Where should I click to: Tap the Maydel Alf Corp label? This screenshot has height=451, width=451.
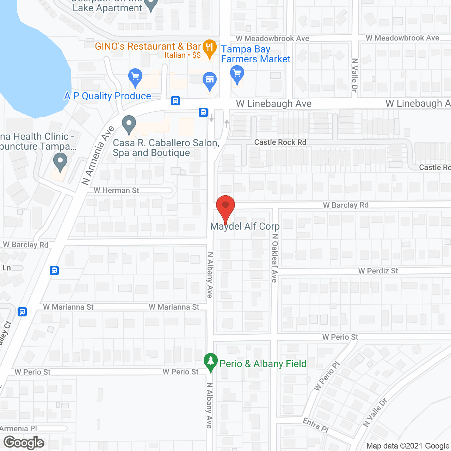click(x=245, y=227)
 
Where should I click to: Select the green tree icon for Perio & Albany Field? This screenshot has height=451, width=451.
click(x=211, y=362)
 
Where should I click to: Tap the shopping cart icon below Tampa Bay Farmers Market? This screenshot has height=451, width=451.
click(x=237, y=75)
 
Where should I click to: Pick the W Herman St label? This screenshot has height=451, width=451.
click(x=116, y=190)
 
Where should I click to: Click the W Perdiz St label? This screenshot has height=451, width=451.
click(x=378, y=271)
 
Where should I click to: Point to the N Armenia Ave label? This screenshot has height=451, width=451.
click(x=98, y=155)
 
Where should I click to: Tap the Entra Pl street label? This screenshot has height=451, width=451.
click(x=316, y=425)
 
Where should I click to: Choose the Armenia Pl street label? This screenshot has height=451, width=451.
click(x=18, y=428)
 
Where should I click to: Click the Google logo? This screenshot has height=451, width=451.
click(x=24, y=443)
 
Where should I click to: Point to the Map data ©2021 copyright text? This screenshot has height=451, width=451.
click(x=408, y=446)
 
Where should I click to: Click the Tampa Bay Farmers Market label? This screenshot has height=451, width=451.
click(x=255, y=54)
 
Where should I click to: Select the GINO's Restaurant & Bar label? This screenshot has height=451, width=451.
click(x=148, y=47)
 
